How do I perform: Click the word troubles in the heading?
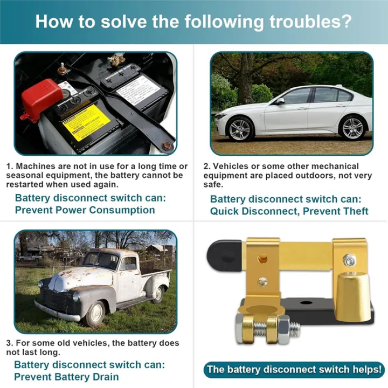pyautogui.click(x=310, y=22)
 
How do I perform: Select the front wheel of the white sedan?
pyautogui.click(x=239, y=129)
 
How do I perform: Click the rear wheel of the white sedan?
pyautogui.click(x=351, y=127)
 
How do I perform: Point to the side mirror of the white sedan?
pyautogui.click(x=280, y=101)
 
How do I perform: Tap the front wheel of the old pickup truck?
pyautogui.click(x=95, y=313)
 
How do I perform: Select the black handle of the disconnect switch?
pyautogui.click(x=224, y=256)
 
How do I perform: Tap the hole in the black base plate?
pyautogui.click(x=306, y=302)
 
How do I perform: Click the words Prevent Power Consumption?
pyautogui.click(x=85, y=210)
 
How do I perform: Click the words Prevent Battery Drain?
pyautogui.click(x=66, y=377)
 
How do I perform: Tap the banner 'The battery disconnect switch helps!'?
pyautogui.click(x=294, y=370)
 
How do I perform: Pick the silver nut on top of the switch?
pyautogui.click(x=349, y=260)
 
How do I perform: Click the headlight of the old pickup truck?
pyautogui.click(x=76, y=297)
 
